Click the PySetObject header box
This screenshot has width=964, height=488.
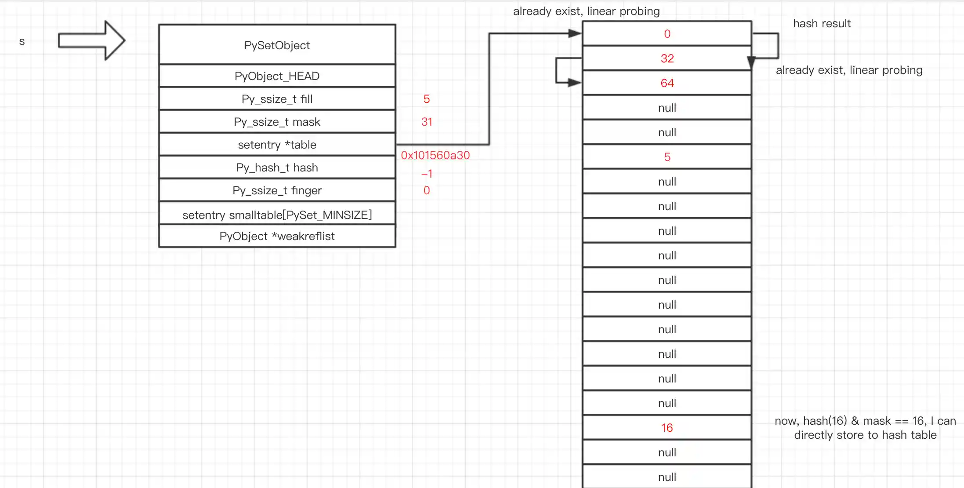tap(277, 45)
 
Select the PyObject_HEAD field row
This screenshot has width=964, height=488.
tap(277, 76)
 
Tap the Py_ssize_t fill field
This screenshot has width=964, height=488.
tap(277, 99)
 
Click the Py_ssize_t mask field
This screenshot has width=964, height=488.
tap(277, 122)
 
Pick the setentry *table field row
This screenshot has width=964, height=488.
tap(277, 145)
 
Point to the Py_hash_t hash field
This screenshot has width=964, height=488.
tap(277, 168)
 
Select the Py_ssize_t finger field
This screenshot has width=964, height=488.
tap(277, 190)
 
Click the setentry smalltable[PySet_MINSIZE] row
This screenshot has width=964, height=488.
tap(277, 215)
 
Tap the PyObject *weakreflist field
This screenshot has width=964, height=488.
tap(277, 236)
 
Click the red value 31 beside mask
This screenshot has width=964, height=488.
tap(427, 122)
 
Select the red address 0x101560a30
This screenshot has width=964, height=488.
tap(435, 155)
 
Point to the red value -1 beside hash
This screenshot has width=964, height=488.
tap(427, 174)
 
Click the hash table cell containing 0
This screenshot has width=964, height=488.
tap(667, 34)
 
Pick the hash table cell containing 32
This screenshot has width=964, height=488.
tap(667, 58)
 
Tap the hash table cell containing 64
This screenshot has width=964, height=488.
tap(667, 83)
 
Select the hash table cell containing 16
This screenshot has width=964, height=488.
tap(667, 428)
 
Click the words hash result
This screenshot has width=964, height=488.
tap(822, 23)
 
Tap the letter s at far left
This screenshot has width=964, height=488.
tap(22, 41)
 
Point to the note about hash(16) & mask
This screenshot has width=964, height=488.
tap(865, 428)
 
